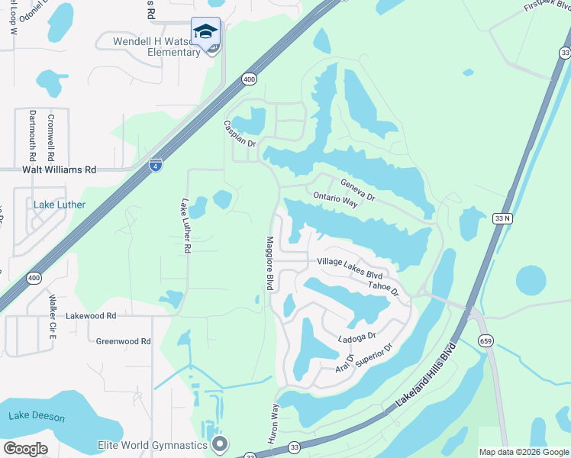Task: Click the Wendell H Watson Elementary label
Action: point(156,47)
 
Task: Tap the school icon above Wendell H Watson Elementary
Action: point(205,32)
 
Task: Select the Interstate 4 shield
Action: point(155,164)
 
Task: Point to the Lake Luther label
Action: point(60,205)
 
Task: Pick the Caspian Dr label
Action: point(239,134)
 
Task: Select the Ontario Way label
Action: point(335,200)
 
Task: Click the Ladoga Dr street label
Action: point(357,337)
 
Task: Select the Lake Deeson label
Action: point(37,418)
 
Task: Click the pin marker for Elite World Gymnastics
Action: point(221,443)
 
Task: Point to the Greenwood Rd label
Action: point(123,341)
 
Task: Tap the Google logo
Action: point(25,449)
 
